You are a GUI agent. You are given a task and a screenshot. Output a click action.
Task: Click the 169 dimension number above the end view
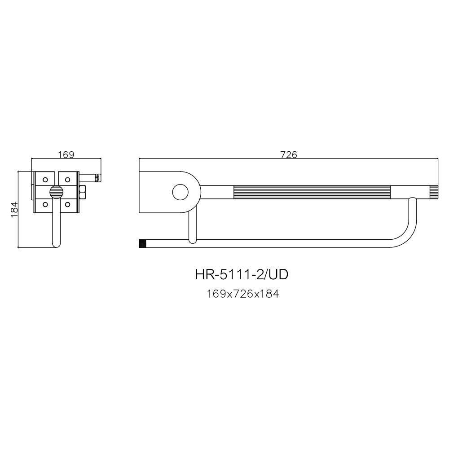(66, 154)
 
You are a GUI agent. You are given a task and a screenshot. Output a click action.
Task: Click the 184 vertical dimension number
(14, 209)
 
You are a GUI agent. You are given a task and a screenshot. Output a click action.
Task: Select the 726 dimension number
(289, 154)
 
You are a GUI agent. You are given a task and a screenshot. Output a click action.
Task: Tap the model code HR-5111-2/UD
(242, 274)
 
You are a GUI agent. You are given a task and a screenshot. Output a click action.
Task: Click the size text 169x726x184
(243, 295)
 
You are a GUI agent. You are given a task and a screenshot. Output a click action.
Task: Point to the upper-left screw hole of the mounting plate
(45, 180)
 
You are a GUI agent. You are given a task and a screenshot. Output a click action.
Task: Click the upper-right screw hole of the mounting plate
(67, 180)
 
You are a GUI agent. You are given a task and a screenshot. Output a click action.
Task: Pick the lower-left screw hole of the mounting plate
(45, 204)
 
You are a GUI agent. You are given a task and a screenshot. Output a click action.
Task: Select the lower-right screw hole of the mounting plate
(67, 204)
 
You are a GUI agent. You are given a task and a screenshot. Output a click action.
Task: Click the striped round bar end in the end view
(56, 192)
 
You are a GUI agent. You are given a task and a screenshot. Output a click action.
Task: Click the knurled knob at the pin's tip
(98, 178)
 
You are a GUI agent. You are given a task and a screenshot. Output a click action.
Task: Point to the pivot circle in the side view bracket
(180, 192)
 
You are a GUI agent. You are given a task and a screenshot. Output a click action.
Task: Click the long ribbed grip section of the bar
(312, 192)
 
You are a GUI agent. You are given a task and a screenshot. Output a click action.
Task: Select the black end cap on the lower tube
(143, 244)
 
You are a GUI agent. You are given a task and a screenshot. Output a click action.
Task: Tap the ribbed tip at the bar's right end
(433, 192)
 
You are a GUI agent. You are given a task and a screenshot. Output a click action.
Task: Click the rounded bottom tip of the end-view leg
(56, 245)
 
